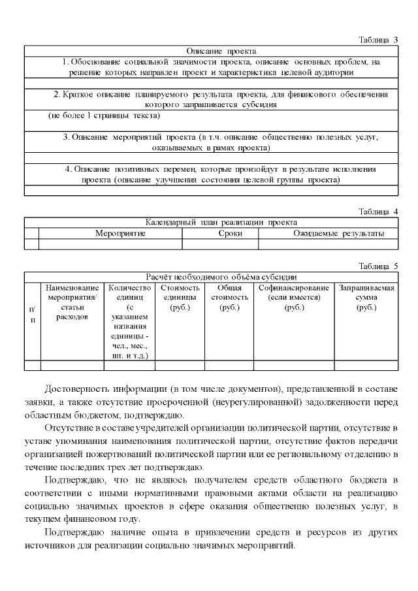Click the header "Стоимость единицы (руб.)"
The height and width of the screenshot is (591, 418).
[x=180, y=297]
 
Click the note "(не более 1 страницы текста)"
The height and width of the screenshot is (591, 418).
[x=104, y=115]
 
